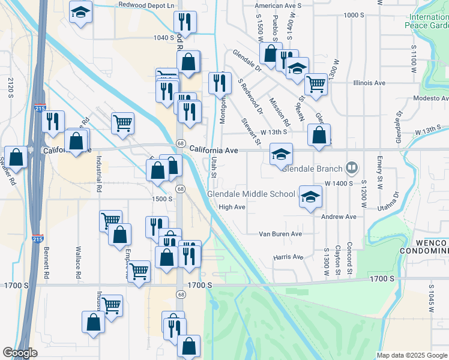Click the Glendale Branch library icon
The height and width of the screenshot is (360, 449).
click(352, 169)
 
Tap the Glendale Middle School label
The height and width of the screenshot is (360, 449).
click(251, 194)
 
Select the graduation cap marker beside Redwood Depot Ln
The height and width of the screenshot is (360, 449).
click(80, 13)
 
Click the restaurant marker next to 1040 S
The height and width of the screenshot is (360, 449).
click(185, 22)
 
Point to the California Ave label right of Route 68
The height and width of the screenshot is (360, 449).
click(214, 149)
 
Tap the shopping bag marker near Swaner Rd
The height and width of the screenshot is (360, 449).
click(17, 158)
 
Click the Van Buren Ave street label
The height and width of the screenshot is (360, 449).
click(280, 234)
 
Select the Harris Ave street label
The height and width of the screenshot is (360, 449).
click(288, 257)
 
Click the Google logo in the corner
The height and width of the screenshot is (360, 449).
click(20, 353)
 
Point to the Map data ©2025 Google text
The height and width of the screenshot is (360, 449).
click(412, 355)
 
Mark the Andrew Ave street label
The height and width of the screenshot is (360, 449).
click(339, 216)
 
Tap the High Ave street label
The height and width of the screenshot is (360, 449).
click(232, 207)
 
